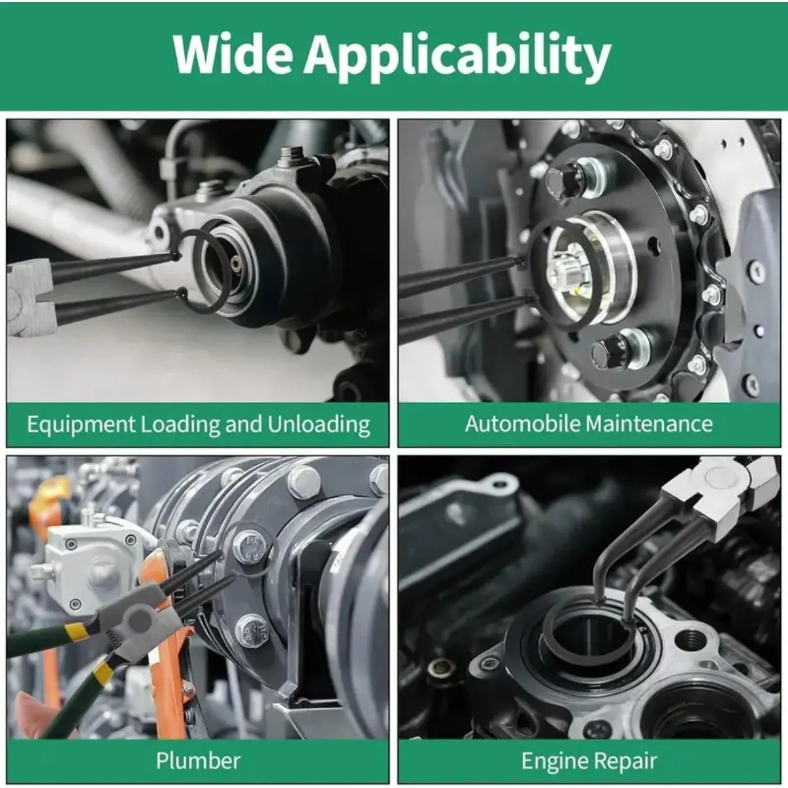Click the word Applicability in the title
(x=457, y=58)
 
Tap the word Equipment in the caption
(x=81, y=425)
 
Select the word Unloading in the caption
(x=319, y=425)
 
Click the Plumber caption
(x=198, y=761)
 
